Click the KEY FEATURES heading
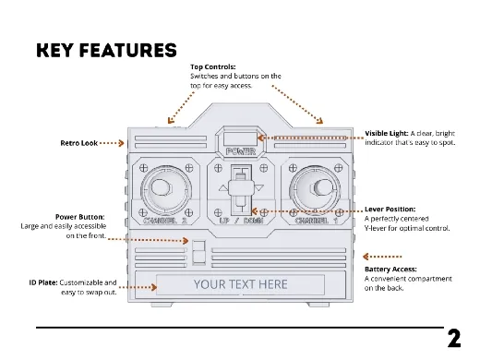pyautogui.click(x=106, y=51)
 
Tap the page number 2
pyautogui.click(x=454, y=339)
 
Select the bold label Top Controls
pyautogui.click(x=213, y=66)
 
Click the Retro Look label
pyautogui.click(x=79, y=143)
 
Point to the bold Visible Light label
pyautogui.click(x=387, y=133)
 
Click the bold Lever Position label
pyautogui.click(x=390, y=210)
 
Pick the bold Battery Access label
pyautogui.click(x=390, y=270)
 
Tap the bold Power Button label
pyautogui.click(x=80, y=217)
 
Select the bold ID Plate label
pyautogui.click(x=43, y=282)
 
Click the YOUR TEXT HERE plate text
pyautogui.click(x=241, y=284)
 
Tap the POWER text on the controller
pyautogui.click(x=241, y=151)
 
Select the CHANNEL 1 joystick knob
pyautogui.click(x=321, y=187)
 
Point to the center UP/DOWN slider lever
pyautogui.click(x=241, y=187)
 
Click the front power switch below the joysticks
pyautogui.click(x=198, y=253)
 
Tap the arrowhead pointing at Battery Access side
pyautogui.click(x=366, y=257)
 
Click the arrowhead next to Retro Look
pyautogui.click(x=122, y=143)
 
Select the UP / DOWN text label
pyautogui.click(x=241, y=221)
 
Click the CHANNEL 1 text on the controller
pyautogui.click(x=317, y=221)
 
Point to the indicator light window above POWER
pyautogui.click(x=240, y=139)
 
